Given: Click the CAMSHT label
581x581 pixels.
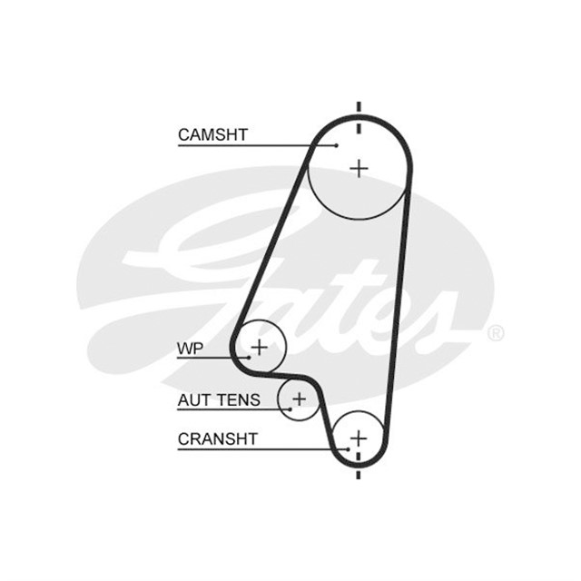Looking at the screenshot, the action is tap(212, 135).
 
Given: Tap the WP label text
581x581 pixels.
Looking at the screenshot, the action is tap(190, 349).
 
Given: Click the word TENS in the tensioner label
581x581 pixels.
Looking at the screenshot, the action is tap(239, 400).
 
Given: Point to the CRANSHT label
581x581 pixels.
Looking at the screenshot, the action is tap(218, 439).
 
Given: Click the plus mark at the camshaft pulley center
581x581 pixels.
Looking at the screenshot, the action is tap(359, 169).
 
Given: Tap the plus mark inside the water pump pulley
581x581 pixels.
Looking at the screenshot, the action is tap(260, 348).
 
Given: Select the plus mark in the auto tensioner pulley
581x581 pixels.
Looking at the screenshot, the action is tap(300, 399).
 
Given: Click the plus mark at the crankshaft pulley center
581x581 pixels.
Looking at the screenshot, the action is tap(359, 438).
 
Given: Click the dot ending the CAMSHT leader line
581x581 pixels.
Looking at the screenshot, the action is tap(337, 145).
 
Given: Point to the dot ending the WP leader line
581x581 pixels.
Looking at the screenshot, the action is tap(250, 358).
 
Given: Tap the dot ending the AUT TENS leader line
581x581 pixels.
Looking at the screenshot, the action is tap(290, 409).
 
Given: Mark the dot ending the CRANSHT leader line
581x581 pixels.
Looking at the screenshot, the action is tap(349, 449).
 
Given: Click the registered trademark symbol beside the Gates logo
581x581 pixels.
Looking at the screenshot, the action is tap(496, 333).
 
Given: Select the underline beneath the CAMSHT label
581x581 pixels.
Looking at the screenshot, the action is tap(257, 145).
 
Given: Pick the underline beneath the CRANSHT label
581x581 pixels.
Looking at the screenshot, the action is tap(263, 450).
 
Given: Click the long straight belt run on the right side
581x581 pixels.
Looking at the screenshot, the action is tap(398, 313).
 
